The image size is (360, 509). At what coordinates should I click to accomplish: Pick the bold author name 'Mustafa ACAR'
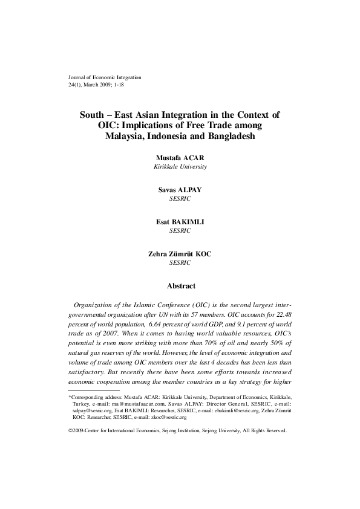pyautogui.click(x=180, y=158)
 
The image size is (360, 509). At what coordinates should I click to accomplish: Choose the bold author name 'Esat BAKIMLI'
pyautogui.click(x=180, y=222)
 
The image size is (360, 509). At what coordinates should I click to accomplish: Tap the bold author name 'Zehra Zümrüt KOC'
pyautogui.click(x=180, y=254)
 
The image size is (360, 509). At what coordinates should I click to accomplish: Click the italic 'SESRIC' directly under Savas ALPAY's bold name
pyautogui.click(x=180, y=198)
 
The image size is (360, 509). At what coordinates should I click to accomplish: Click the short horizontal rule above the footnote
pyautogui.click(x=94, y=374)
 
